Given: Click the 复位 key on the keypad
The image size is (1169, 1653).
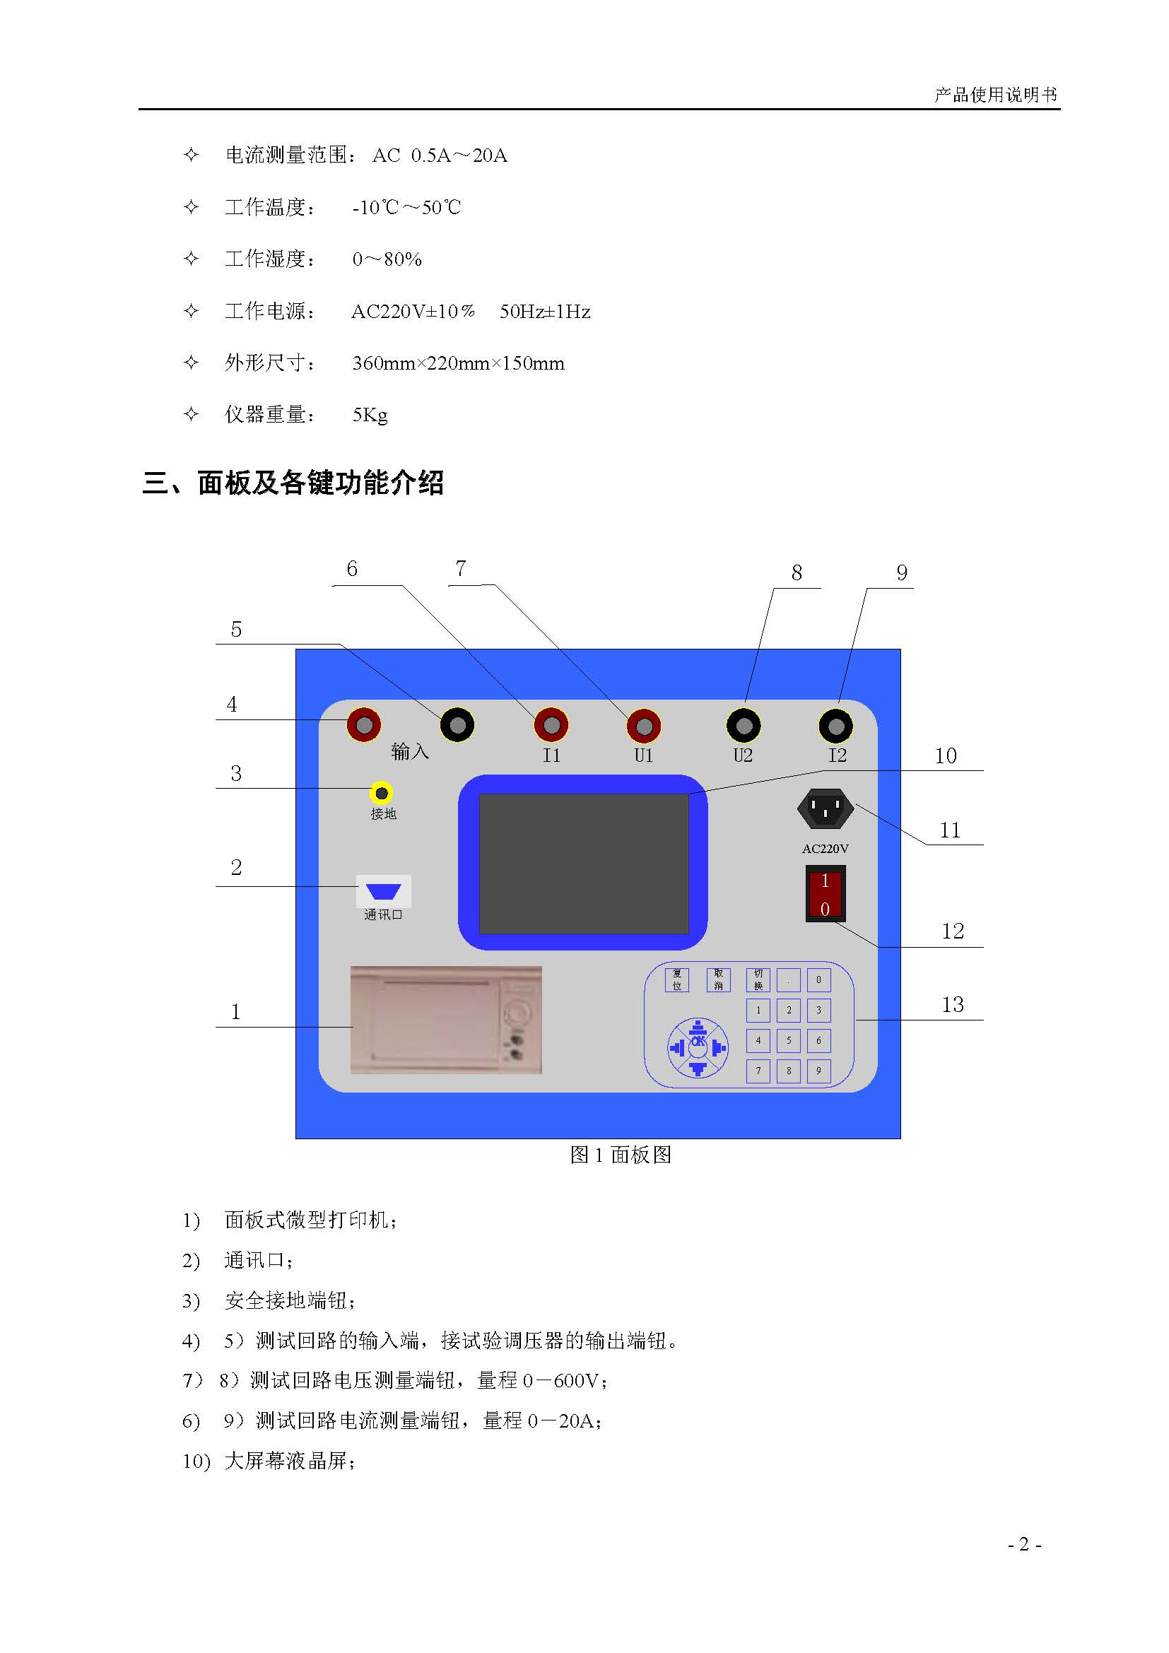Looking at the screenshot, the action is (676, 980).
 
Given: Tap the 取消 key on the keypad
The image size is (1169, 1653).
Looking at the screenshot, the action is (718, 980).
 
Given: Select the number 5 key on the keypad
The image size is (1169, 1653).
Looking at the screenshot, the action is (788, 1040).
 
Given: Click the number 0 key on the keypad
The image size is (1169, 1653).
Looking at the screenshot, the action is (818, 980).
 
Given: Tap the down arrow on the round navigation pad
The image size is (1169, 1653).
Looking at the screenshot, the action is (698, 1069).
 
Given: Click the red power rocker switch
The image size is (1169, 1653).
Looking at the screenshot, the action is (825, 894).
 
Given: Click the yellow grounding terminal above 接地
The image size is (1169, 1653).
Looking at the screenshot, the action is (382, 794).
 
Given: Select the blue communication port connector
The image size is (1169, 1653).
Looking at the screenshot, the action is (383, 892).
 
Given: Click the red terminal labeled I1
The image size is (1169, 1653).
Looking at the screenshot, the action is (551, 726).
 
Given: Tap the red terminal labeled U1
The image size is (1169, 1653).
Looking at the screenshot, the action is (645, 726).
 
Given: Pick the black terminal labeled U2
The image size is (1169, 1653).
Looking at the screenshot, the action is (744, 726).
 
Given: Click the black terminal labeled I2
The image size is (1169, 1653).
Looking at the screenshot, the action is (835, 726).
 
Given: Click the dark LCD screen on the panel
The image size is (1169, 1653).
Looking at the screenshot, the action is (584, 863).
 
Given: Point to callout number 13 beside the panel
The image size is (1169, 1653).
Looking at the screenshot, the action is (952, 1004).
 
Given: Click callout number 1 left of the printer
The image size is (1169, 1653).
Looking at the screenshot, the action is (235, 1012).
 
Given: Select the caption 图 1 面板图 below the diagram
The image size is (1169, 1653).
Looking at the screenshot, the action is (621, 1155).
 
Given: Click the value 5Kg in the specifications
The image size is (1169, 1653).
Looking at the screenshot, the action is (370, 416).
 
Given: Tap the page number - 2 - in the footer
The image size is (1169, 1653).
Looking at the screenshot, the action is (1024, 1544).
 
